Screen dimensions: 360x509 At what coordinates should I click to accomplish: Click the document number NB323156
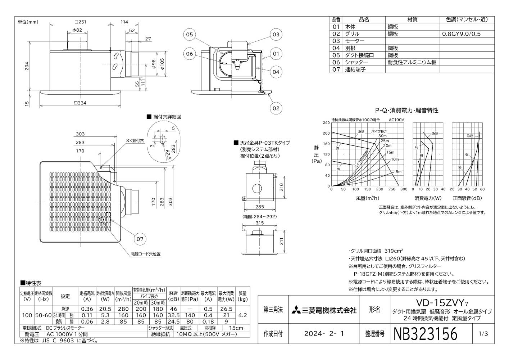click(x=426, y=333)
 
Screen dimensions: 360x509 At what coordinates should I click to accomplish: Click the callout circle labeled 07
click(x=140, y=239)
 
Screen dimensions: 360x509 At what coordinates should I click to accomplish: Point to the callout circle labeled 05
click(x=189, y=35)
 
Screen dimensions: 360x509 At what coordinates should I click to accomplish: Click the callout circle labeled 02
click(x=276, y=108)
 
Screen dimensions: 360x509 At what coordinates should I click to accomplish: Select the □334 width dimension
click(x=80, y=103)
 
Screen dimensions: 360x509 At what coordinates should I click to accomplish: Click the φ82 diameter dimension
click(x=77, y=30)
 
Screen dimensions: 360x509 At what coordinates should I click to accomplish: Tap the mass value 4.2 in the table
click(x=243, y=315)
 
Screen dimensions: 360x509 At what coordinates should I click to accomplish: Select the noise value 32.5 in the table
click(x=174, y=315)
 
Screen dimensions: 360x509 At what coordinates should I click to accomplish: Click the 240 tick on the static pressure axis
click(x=326, y=122)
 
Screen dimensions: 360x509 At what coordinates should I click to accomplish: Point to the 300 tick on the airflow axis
click(x=404, y=189)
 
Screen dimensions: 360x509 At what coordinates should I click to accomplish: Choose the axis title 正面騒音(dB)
click(x=467, y=198)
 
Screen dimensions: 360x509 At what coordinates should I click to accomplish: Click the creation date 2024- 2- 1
click(x=324, y=334)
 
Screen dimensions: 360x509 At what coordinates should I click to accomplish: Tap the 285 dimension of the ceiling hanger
click(x=259, y=207)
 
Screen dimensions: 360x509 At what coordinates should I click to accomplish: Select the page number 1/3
click(x=483, y=334)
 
